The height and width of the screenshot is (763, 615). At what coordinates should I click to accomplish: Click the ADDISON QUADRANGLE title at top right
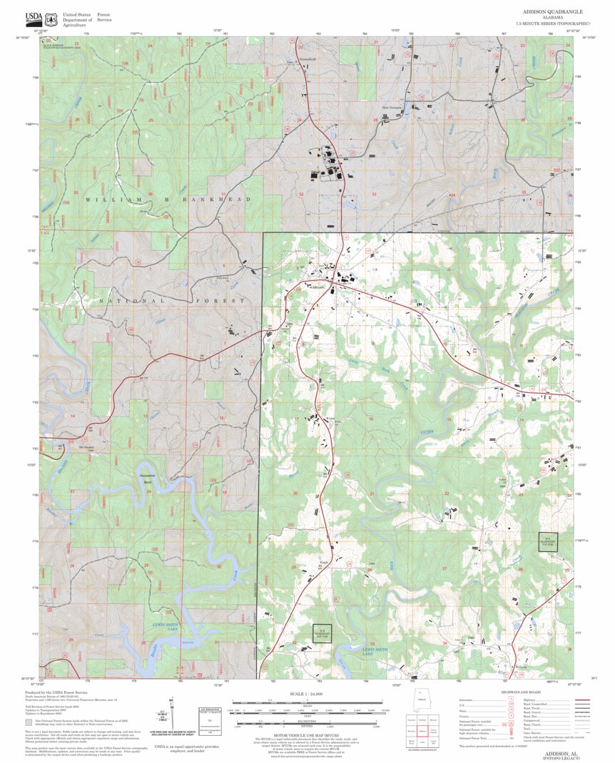[x=552, y=12]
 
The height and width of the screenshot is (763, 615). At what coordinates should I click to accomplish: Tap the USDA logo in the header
[x=33, y=18]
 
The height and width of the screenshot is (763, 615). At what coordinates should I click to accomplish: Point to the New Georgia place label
[x=392, y=108]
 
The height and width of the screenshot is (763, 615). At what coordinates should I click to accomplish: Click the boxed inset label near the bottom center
[x=322, y=633]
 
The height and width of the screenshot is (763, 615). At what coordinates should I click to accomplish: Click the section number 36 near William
[x=150, y=194]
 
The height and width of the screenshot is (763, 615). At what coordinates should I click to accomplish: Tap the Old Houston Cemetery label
[x=87, y=449]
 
